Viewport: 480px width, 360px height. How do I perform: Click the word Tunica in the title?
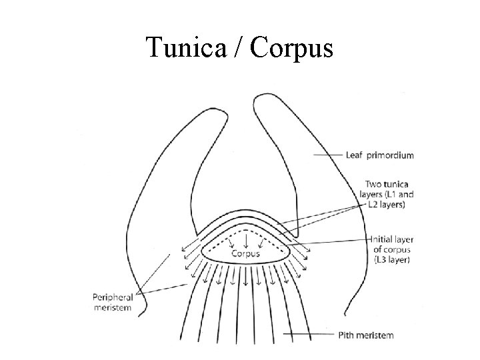click(x=184, y=48)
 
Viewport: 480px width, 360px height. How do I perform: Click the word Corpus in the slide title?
click(x=293, y=48)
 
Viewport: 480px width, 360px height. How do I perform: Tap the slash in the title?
click(x=241, y=48)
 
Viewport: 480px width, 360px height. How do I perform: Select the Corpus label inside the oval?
click(x=246, y=253)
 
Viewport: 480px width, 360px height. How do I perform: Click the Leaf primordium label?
click(x=379, y=155)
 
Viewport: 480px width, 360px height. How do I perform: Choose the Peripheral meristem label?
click(x=112, y=303)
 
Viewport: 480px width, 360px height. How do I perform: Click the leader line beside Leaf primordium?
click(x=328, y=155)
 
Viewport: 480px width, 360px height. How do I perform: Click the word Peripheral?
click(x=112, y=298)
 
